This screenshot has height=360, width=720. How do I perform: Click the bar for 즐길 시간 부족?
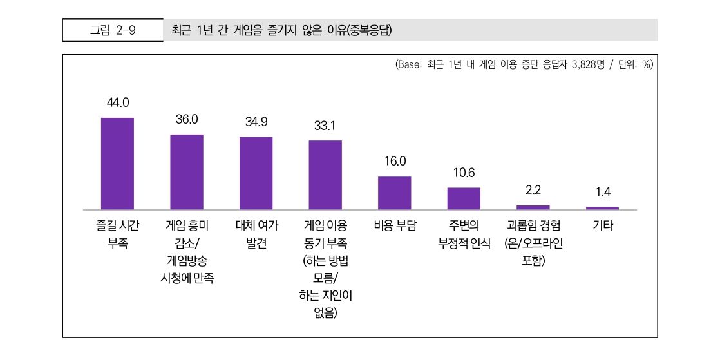pyautogui.click(x=117, y=164)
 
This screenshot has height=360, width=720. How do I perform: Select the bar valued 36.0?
pyautogui.click(x=187, y=172)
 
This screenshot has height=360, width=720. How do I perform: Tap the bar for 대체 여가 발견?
pyautogui.click(x=256, y=173)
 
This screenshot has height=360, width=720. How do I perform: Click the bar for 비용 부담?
pyautogui.click(x=394, y=193)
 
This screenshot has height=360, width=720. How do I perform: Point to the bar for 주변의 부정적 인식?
pyautogui.click(x=464, y=198)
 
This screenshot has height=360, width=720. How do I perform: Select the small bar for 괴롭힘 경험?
pyautogui.click(x=533, y=207)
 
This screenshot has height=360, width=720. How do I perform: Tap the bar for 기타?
pyautogui.click(x=602, y=208)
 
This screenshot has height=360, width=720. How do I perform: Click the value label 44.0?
pyautogui.click(x=118, y=102)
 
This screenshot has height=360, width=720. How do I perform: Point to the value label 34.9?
pyautogui.click(x=256, y=122)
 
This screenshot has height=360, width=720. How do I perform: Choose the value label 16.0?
pyautogui.click(x=395, y=161)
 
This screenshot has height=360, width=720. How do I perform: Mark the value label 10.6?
pyautogui.click(x=464, y=173)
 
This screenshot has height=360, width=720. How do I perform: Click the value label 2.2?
pyautogui.click(x=533, y=191)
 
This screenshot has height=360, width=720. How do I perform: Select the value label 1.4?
pyautogui.click(x=603, y=193)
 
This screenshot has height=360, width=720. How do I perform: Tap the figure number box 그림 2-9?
pyautogui.click(x=113, y=30)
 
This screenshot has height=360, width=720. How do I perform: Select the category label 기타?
pyautogui.click(x=603, y=226)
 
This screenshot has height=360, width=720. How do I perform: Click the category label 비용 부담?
pyautogui.click(x=395, y=226)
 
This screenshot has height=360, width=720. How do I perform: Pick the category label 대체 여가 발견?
pyautogui.click(x=256, y=234)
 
